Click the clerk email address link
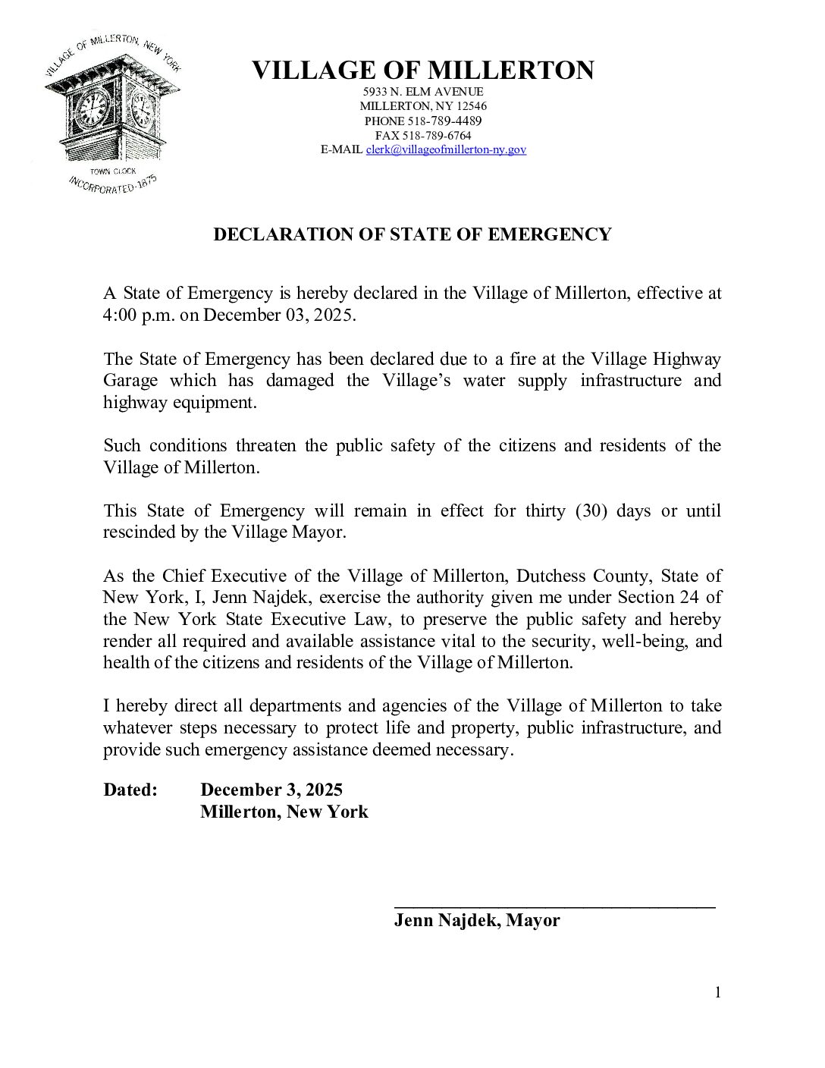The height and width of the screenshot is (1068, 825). pos(446,150)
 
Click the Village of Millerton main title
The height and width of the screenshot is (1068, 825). pos(422,71)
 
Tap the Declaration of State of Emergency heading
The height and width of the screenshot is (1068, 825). pos(412,234)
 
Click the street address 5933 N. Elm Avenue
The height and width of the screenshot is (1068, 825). pos(423,92)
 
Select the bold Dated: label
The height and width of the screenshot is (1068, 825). pos(130,790)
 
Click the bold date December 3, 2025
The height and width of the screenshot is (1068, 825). pos(271,790)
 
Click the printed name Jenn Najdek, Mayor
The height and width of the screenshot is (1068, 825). pos(477,921)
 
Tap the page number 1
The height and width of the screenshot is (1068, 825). pos(717,992)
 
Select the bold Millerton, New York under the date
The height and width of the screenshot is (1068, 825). pos(284,812)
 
